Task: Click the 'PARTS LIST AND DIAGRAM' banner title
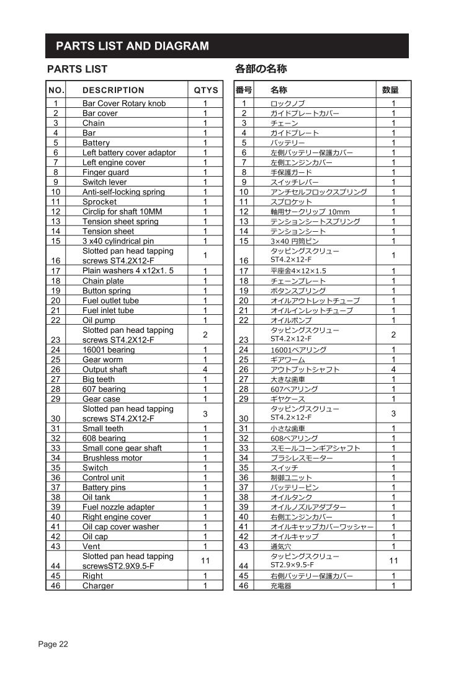(132, 46)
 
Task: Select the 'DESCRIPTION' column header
(113, 90)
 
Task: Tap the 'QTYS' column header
(205, 90)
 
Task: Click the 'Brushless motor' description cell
(112, 458)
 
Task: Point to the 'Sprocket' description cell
(99, 202)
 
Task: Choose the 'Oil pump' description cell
(99, 320)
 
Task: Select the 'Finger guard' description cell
(105, 172)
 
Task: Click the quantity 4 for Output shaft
(205, 369)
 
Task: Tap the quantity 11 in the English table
(205, 561)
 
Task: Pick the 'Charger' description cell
(98, 586)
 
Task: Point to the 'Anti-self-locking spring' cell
(123, 192)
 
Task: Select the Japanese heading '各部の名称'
(261, 69)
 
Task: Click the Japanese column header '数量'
(390, 90)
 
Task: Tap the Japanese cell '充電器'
(280, 586)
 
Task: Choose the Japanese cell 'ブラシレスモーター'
(302, 458)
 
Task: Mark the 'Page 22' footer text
(53, 644)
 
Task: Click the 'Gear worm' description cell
(102, 359)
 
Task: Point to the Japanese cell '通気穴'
(280, 546)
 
